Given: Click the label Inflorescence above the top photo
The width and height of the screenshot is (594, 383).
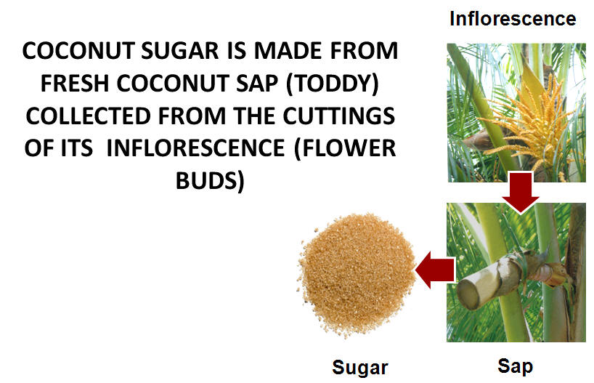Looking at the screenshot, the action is (513, 19).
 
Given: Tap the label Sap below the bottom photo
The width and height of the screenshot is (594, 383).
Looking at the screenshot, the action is (515, 367).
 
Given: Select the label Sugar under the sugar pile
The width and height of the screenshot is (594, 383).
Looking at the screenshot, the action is (360, 368).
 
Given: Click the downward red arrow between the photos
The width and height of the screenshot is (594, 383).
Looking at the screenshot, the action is (521, 192).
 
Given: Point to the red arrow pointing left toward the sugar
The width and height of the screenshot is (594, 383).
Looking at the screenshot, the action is (435, 270).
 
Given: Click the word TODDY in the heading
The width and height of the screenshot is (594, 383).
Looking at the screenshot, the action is (333, 84).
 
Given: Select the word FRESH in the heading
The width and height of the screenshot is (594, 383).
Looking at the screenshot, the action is (75, 84).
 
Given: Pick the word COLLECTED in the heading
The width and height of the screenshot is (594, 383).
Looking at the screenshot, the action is (89, 116).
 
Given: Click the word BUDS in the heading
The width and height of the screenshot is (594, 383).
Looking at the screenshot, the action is (210, 180).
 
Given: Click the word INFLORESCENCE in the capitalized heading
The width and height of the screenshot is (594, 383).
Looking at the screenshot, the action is (195, 148).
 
